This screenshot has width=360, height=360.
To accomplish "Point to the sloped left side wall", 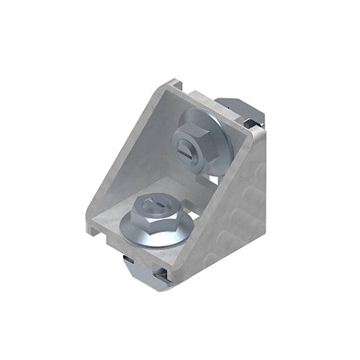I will coord(128,160).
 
